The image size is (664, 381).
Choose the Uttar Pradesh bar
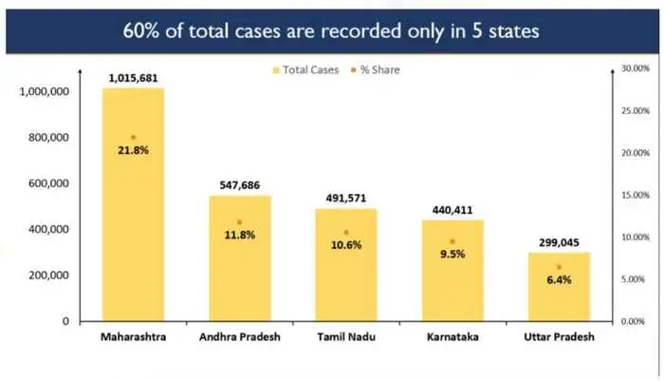tap(559, 295)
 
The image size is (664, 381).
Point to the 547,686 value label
tap(240, 186)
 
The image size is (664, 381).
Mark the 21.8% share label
tap(133, 151)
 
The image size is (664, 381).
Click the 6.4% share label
tap(559, 280)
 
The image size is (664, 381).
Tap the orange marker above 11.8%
tap(239, 222)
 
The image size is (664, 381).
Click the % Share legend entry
tap(380, 68)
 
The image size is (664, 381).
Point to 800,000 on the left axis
tap(45, 138)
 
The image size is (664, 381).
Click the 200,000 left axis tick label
tap(45, 276)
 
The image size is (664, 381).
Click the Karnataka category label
tap(452, 337)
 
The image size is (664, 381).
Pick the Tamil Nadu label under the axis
tap(346, 337)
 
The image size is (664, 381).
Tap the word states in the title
tap(513, 30)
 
